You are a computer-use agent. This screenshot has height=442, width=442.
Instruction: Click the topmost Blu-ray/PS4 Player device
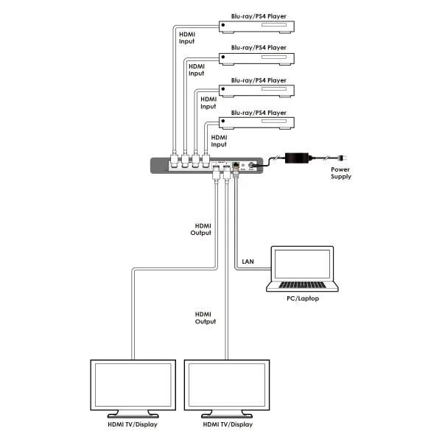pyautogui.click(x=258, y=28)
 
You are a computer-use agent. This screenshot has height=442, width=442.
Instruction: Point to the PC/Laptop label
pyautogui.click(x=302, y=299)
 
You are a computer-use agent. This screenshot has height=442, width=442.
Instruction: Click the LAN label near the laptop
pyautogui.click(x=248, y=261)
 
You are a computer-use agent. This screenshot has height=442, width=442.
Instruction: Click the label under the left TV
pyautogui.click(x=133, y=425)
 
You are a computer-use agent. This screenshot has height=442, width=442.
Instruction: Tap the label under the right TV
pyautogui.click(x=227, y=425)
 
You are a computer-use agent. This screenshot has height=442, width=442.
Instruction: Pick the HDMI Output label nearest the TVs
pyautogui.click(x=206, y=318)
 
